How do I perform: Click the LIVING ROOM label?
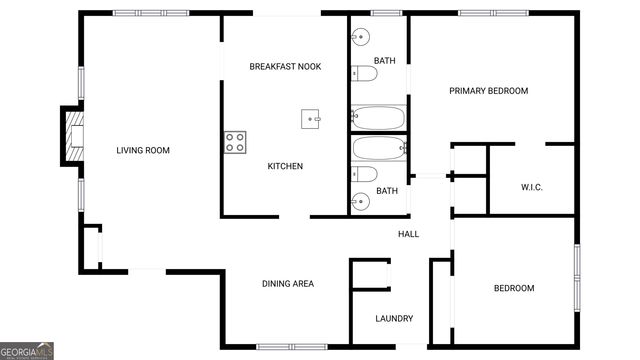(143, 151)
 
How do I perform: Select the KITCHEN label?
(285, 166)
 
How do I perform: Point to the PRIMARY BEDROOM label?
(488, 91)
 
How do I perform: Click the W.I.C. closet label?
(531, 187)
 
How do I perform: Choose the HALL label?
(409, 234)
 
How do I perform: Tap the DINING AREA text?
(288, 284)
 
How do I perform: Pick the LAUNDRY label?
(394, 319)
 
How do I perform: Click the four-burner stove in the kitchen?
(235, 142)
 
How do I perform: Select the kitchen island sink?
(313, 119)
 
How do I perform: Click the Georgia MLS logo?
(27, 351)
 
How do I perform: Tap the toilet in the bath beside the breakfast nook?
(361, 72)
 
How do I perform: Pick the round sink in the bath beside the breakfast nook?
(361, 39)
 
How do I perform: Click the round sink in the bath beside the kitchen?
(361, 202)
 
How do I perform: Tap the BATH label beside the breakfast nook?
(385, 61)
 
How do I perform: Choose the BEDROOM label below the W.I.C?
(514, 289)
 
